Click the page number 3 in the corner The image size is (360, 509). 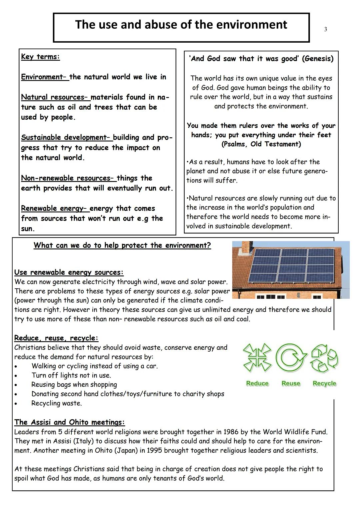[x=325, y=29]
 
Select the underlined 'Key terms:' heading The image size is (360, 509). [x=40, y=57]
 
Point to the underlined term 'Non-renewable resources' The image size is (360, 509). [x=68, y=178]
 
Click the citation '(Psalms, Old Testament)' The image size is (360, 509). [x=261, y=144]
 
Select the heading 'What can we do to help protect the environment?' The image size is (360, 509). [x=122, y=245]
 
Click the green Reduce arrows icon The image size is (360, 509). [x=257, y=358]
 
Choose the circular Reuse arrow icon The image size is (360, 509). [x=291, y=358]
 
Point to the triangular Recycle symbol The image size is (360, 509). [x=324, y=358]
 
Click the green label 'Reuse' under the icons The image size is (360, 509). [x=291, y=383]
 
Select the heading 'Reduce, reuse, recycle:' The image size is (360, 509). [x=56, y=338]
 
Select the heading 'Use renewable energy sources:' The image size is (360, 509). [x=69, y=272]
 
